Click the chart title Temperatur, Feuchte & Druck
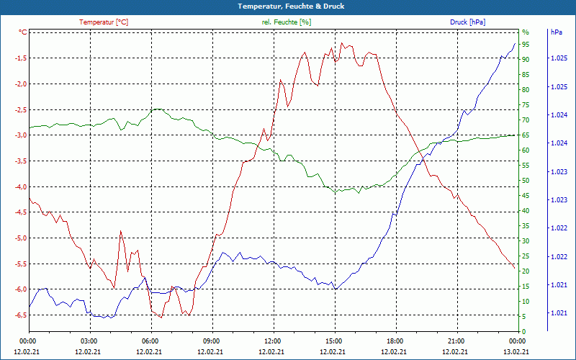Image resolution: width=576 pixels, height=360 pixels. tap(287, 6)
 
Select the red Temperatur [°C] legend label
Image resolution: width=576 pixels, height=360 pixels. tap(104, 22)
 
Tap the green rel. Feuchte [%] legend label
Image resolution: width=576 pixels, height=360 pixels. tap(287, 22)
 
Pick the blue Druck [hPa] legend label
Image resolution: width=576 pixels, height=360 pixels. tap(467, 22)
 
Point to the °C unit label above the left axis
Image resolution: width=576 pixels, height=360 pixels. tap(22, 32)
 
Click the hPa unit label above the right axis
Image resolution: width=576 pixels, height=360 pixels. tap(557, 32)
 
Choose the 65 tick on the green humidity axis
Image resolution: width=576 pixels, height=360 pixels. tap(526, 135)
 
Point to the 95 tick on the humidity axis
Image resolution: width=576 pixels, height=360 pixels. tap(526, 45)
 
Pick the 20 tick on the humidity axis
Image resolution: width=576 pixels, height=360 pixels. tap(526, 271)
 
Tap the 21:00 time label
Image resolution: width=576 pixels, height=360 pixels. tap(456, 341)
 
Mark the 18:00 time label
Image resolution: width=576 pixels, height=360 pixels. tap(395, 341)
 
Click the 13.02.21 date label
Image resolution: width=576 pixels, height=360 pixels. tap(517, 351)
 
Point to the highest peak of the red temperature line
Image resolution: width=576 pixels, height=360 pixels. tap(342, 42)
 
